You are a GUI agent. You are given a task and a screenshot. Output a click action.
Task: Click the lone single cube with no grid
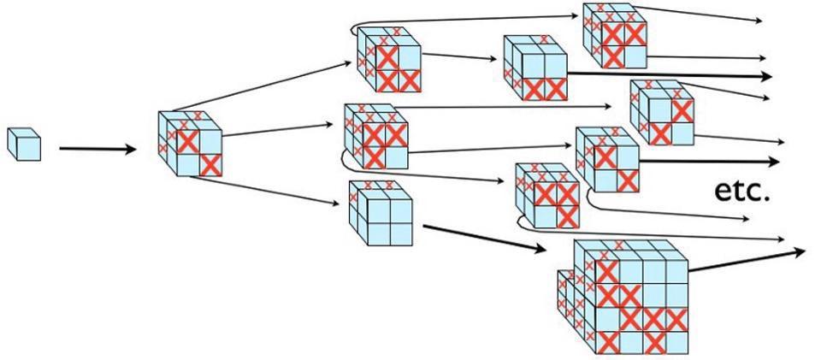coord(24,143)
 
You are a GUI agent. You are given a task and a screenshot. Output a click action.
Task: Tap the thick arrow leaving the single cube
coord(97,150)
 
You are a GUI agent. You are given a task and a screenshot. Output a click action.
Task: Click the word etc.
coord(742,192)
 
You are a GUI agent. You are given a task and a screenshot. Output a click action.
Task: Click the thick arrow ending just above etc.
coord(710,162)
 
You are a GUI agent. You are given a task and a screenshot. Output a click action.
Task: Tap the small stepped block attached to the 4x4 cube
coord(567,295)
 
